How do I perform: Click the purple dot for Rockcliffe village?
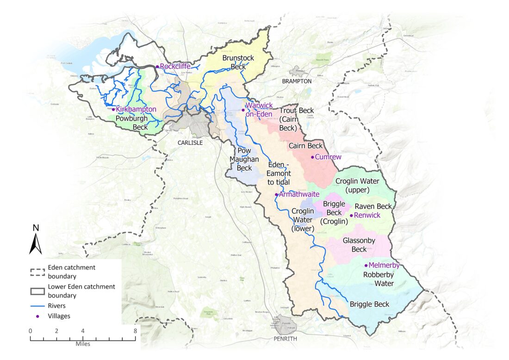157,67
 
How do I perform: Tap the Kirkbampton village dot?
113,109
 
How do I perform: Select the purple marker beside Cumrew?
312,157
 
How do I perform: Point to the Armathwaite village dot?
276,195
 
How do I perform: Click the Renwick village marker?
351,216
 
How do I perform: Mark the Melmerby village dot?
366,266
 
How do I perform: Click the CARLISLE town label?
191,143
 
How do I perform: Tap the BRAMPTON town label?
296,81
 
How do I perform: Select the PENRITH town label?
284,339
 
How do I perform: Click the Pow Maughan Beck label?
244,159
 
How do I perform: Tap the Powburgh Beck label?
134,123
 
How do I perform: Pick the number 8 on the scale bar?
135,331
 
